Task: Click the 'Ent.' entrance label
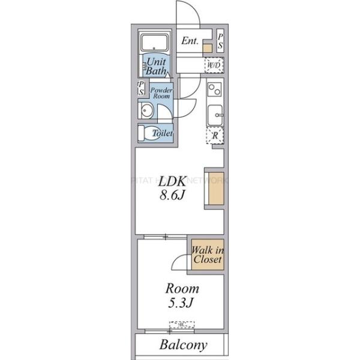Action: click(190, 41)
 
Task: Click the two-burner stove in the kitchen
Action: click(214, 90)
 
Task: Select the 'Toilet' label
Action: click(163, 133)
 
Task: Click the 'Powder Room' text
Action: click(161, 93)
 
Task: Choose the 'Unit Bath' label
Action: click(157, 66)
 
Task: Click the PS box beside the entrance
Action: click(220, 41)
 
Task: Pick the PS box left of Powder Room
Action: click(141, 89)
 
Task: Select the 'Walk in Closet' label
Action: click(208, 255)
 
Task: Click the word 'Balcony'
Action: click(183, 346)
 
